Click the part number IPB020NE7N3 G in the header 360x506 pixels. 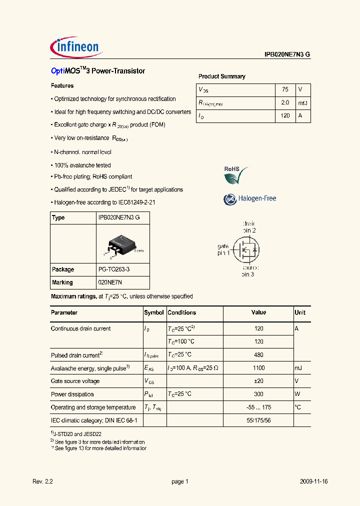287,55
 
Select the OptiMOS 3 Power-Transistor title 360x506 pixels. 98,71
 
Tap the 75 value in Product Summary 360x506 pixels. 285,89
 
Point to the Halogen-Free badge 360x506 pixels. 249,198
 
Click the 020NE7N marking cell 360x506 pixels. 110,282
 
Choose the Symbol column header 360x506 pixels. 154,312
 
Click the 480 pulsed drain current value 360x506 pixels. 258,355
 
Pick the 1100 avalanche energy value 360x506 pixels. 258,368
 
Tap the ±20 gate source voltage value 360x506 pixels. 258,381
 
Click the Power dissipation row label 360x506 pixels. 72,394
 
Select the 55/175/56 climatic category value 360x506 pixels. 258,420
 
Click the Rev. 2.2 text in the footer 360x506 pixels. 42,481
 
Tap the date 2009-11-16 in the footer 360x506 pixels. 313,481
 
